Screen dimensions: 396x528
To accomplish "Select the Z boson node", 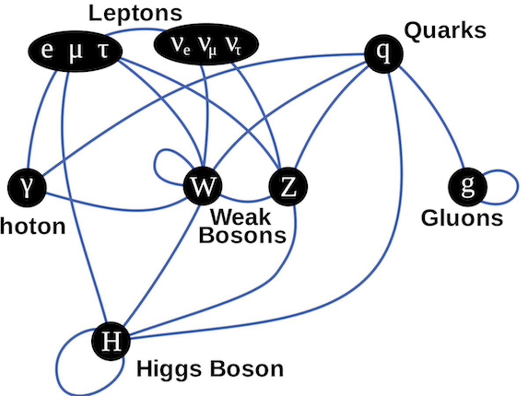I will tap(288, 187).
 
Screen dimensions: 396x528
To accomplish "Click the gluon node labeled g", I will tap(467, 187).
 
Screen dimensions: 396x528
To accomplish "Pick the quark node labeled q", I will tap(384, 54).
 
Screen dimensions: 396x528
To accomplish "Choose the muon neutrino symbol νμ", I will tap(207, 46).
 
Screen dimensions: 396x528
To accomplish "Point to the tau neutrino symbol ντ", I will tap(233, 46).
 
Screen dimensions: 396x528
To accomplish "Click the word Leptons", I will tap(135, 13).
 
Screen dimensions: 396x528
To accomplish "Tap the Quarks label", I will tap(445, 31).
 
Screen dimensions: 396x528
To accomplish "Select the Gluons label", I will tap(462, 218).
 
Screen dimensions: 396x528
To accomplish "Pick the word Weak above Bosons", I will tap(240, 217).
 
